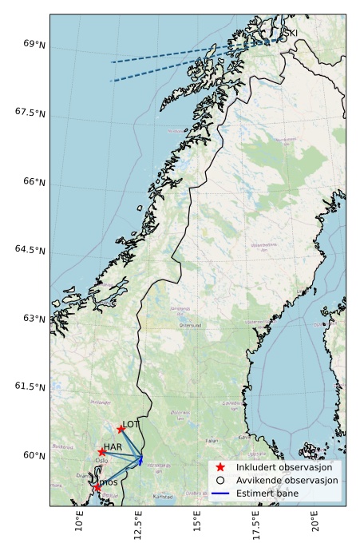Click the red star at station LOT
click(x=121, y=429)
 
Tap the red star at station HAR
click(x=102, y=452)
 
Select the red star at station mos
click(x=97, y=487)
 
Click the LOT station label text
click(x=132, y=425)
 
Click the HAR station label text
click(x=113, y=447)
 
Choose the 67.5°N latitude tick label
click(x=30, y=113)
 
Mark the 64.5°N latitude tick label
click(x=30, y=250)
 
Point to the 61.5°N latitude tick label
click(x=30, y=387)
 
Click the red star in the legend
click(x=221, y=467)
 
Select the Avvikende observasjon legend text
click(x=287, y=481)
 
